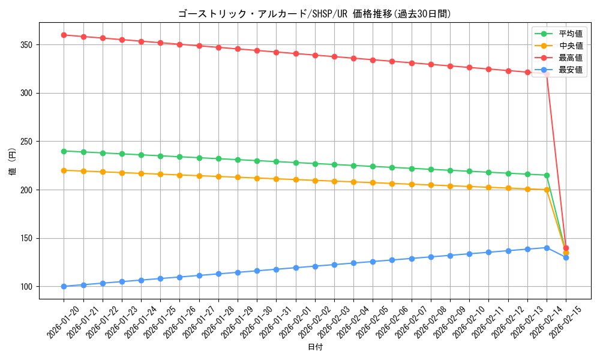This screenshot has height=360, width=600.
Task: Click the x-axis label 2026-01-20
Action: [64, 322]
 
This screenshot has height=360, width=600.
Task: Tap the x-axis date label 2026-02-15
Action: [566, 322]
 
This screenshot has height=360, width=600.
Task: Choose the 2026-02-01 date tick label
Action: [296, 322]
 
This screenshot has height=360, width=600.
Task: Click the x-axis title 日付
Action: [314, 347]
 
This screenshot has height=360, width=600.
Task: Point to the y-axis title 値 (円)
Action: [12, 161]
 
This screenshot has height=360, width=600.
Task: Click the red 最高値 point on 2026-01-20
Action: [64, 35]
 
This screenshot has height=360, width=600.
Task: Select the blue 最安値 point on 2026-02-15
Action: [566, 257]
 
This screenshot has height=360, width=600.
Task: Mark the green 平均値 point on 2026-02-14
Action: [547, 175]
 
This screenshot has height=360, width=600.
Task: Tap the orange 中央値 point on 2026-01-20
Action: [64, 170]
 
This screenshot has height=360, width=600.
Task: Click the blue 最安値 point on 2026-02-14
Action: [547, 248]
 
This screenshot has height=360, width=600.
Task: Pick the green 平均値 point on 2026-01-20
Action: [64, 151]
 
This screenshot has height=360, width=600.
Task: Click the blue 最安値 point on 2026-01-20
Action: [64, 286]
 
